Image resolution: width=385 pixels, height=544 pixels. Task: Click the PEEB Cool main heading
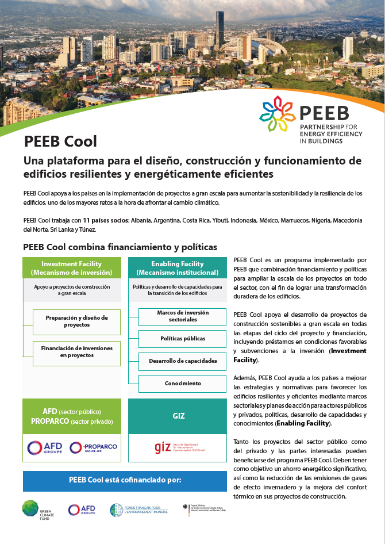tap(60, 141)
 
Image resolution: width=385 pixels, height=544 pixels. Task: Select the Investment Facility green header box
tap(72, 268)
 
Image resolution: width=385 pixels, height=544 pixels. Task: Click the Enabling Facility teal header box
tap(177, 268)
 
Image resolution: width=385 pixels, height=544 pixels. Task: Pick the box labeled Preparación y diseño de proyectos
tap(76, 321)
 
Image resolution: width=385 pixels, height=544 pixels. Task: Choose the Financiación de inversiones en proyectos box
tap(76, 352)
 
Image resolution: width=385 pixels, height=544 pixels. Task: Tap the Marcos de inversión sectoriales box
tap(182, 316)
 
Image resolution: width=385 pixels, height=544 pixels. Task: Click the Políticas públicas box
tap(182, 339)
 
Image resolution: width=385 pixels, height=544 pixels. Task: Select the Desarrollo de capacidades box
tap(182, 361)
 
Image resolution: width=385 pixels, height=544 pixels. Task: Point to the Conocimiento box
tap(182, 384)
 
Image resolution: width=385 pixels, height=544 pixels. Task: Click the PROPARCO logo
tap(93, 447)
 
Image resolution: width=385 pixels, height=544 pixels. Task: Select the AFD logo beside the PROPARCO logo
tap(44, 447)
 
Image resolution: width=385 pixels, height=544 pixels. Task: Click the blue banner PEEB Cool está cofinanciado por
tap(125, 481)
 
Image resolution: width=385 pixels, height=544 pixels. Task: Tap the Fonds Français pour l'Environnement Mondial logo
tap(138, 509)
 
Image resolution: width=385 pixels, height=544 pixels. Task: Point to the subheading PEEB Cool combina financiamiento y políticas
tap(120, 247)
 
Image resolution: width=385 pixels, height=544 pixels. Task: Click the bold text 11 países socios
tap(106, 221)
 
